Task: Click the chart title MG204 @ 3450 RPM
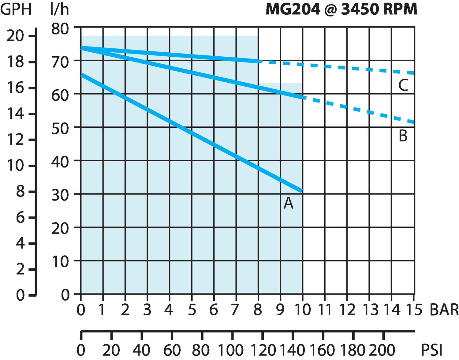pos(341,9)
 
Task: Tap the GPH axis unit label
pos(16,9)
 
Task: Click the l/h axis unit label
pos(59,9)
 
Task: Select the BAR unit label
pos(444,310)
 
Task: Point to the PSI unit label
pos(432,350)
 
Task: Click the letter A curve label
pos(288,203)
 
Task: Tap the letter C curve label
pos(403,85)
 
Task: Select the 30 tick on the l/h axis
pos(60,195)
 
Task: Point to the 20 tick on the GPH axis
pos(15,36)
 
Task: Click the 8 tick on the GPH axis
pos(20,192)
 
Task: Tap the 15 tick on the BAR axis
pos(414,310)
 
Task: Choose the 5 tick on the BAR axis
pos(192,310)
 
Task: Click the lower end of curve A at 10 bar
pos(302,191)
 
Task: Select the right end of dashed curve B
pos(414,122)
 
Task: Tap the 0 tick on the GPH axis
pos(20,295)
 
